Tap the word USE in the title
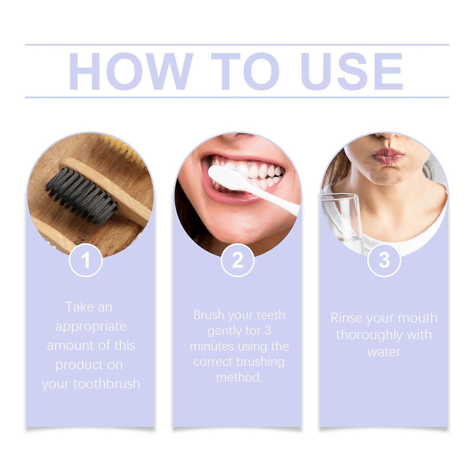click(352, 71)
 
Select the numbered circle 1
click(86, 260)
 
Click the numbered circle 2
click(238, 260)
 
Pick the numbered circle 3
click(384, 260)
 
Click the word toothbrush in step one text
click(106, 384)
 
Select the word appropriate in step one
click(91, 326)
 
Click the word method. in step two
click(239, 378)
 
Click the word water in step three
click(384, 352)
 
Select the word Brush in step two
click(208, 315)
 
